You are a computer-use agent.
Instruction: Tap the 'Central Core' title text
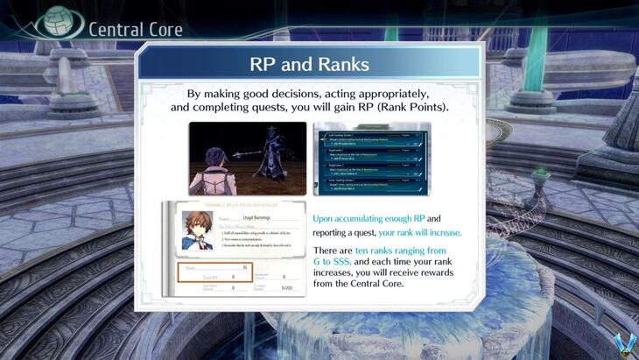click(135, 29)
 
